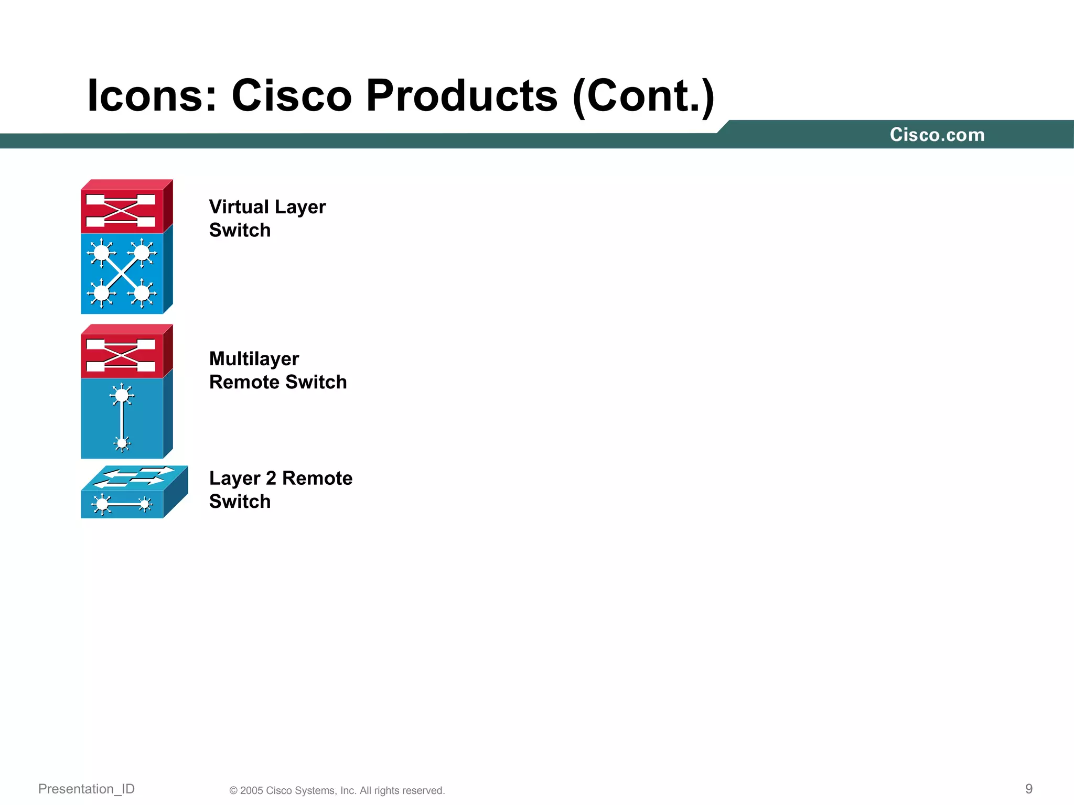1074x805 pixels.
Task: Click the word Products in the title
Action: [461, 96]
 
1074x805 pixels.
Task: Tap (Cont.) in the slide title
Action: [643, 97]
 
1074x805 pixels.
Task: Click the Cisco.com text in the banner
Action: [937, 135]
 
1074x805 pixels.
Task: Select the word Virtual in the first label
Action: [239, 207]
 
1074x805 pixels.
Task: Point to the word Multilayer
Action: [254, 359]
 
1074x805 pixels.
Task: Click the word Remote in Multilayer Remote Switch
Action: [244, 382]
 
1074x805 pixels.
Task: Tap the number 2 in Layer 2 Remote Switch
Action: [271, 478]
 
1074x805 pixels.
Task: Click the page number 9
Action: [1028, 789]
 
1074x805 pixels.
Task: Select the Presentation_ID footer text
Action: [87, 789]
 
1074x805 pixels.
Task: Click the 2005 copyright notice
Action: [337, 790]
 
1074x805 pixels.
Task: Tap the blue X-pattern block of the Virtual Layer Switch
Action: [122, 273]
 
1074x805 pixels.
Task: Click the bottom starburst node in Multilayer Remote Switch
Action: [122, 443]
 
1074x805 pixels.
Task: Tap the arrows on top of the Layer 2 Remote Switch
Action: [134, 476]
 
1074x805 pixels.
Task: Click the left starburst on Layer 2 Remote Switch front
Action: [102, 505]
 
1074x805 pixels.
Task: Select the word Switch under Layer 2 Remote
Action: [240, 502]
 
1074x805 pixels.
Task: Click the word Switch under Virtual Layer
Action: [240, 230]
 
